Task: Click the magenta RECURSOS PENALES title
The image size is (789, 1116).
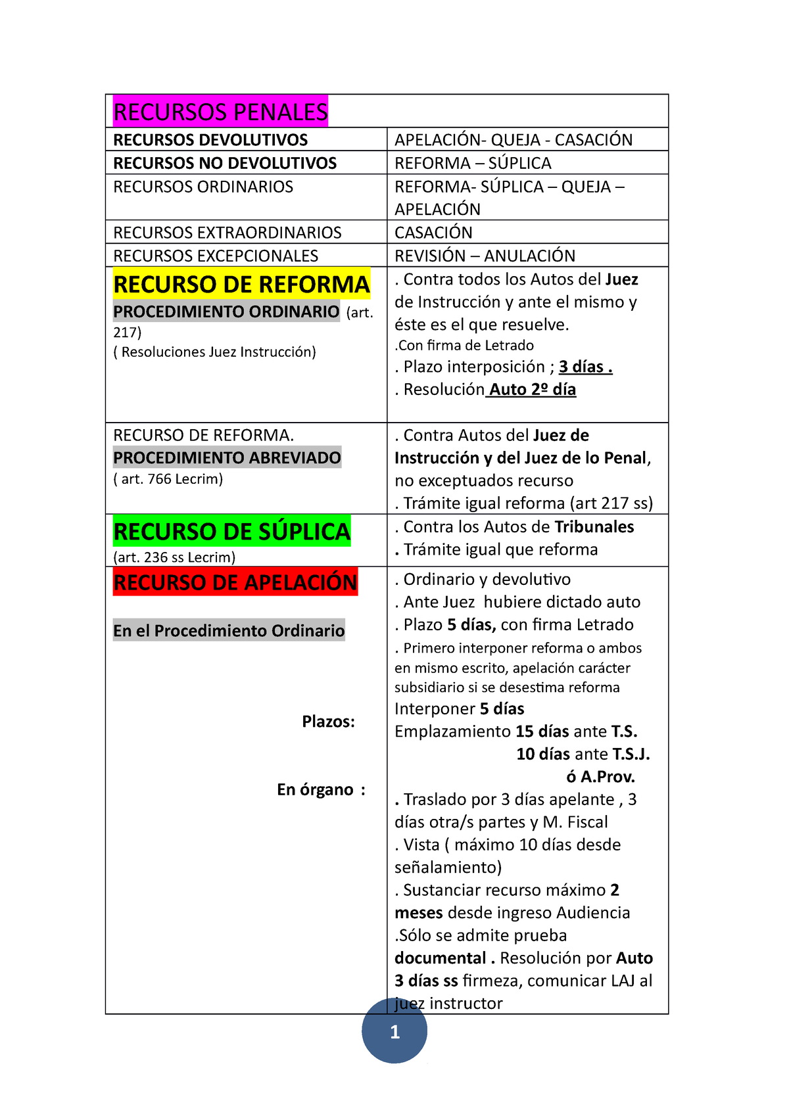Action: tap(220, 112)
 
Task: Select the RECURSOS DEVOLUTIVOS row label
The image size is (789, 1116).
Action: tap(210, 140)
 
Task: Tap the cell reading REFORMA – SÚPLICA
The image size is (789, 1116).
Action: tap(473, 163)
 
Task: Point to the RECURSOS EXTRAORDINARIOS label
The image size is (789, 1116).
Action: tap(227, 233)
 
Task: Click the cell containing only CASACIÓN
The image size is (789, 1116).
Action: tap(433, 233)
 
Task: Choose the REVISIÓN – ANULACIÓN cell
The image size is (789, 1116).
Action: tap(485, 256)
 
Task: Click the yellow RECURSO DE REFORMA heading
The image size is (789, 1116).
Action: tap(241, 285)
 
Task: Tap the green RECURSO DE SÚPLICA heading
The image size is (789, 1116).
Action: tap(232, 532)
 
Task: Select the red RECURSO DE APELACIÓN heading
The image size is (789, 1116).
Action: tap(235, 582)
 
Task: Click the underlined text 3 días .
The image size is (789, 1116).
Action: tap(585, 367)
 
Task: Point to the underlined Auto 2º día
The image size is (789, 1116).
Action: tap(532, 390)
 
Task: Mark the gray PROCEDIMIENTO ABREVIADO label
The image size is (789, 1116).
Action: tap(227, 457)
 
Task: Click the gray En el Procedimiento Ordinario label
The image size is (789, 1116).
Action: tap(229, 631)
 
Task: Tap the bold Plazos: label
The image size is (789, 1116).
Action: tap(328, 722)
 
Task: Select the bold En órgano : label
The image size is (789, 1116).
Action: tap(321, 789)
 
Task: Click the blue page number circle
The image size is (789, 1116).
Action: tap(394, 1031)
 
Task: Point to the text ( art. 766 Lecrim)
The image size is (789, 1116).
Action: tap(168, 479)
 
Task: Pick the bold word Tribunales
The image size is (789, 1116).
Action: tap(594, 527)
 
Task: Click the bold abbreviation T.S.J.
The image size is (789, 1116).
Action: tap(631, 755)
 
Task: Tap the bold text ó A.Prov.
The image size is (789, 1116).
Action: tap(601, 777)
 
